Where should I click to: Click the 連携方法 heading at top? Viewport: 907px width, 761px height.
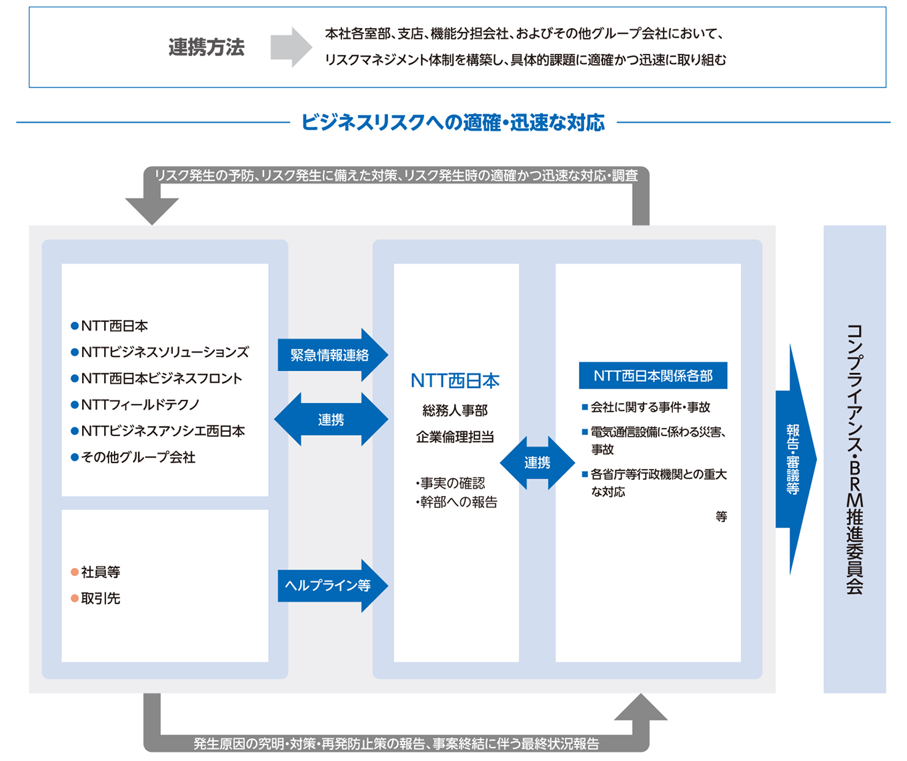(206, 47)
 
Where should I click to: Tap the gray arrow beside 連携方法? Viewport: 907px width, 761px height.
(291, 47)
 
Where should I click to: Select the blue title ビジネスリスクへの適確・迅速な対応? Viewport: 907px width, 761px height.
(453, 123)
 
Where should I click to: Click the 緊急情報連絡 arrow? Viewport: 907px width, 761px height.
(331, 355)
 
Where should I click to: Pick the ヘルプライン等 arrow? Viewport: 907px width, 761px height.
(331, 585)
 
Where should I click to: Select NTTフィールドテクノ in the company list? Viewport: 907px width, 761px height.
(140, 405)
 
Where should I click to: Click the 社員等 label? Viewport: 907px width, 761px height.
(101, 572)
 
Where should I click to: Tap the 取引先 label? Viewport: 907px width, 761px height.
(101, 598)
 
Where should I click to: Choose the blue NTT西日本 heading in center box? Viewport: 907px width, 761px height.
(455, 380)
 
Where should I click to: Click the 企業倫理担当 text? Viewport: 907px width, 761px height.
(455, 437)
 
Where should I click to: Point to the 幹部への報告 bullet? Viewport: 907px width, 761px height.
(458, 502)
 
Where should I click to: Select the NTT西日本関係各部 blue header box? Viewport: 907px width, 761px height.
(653, 376)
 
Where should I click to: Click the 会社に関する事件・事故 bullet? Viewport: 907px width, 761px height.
(650, 407)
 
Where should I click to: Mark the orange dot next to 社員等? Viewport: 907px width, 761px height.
(75, 572)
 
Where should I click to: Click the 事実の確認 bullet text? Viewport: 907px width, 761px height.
(451, 483)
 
